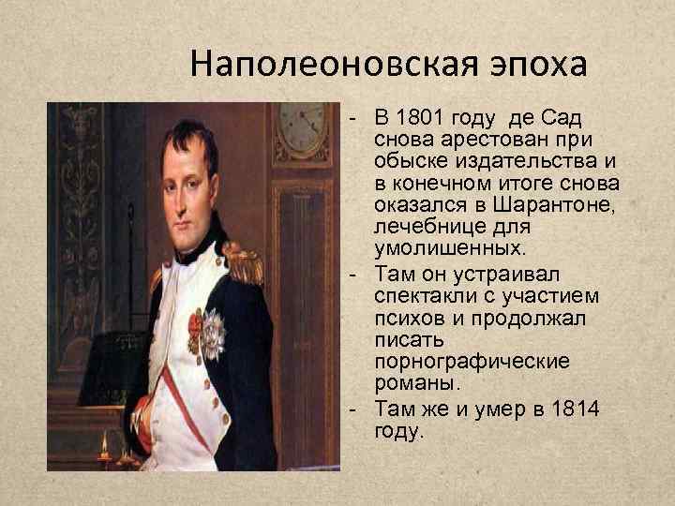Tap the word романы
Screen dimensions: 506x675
412,383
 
